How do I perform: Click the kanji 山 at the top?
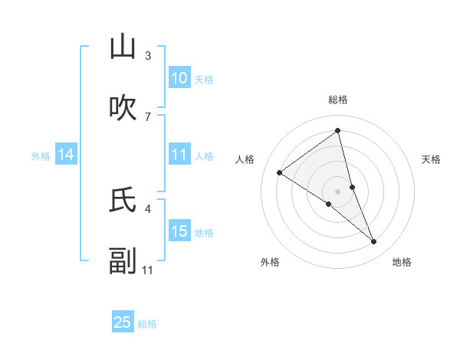[x=123, y=47]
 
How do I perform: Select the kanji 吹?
[x=123, y=107]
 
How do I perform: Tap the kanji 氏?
[x=123, y=200]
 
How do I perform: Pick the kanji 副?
[x=123, y=260]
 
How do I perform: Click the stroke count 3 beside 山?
[x=148, y=56]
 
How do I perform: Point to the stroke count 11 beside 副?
[x=148, y=270]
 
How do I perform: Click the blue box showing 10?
[x=179, y=78]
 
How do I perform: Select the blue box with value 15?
[x=179, y=231]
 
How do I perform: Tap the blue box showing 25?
[x=123, y=322]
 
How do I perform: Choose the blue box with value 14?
[x=66, y=155]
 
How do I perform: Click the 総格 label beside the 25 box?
[x=147, y=324]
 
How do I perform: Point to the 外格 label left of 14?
[x=41, y=155]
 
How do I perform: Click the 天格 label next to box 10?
[x=204, y=79]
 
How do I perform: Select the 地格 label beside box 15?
[x=204, y=232]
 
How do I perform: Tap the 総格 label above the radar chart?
[x=338, y=100]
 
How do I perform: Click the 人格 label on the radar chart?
[x=245, y=159]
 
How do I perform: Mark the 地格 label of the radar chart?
[x=402, y=263]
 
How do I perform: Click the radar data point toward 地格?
[x=374, y=242]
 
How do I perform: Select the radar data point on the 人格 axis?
[x=280, y=172]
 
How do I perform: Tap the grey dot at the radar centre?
[x=338, y=191]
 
